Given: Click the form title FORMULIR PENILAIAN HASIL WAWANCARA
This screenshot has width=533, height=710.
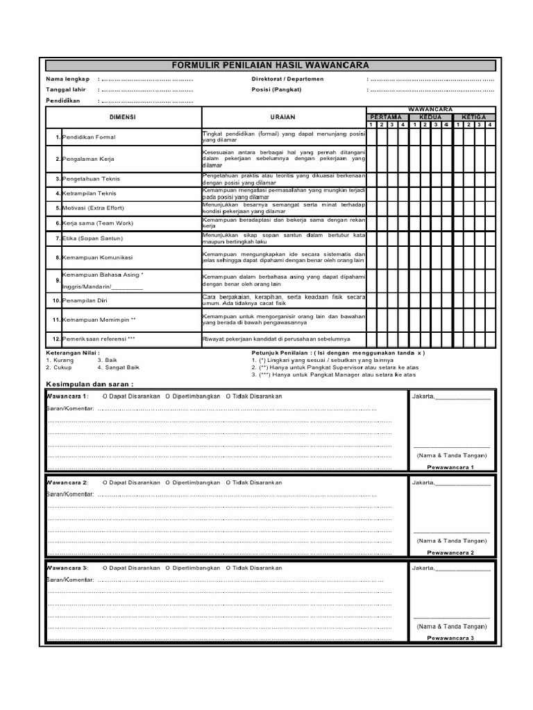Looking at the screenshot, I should [271, 65].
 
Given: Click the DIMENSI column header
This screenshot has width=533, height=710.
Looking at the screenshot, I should [123, 117].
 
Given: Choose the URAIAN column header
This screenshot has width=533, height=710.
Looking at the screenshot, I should [283, 117].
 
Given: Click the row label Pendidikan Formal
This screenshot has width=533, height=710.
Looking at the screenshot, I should [89, 137].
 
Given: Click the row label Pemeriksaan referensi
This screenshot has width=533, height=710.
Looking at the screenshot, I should [99, 339].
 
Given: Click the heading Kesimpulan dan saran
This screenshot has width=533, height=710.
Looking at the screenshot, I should [90, 383].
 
